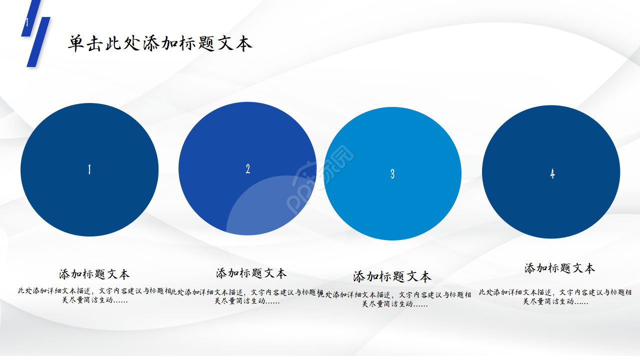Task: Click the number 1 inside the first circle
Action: click(89, 169)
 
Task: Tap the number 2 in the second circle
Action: click(247, 169)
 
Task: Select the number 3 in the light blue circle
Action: click(392, 173)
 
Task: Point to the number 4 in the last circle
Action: click(552, 173)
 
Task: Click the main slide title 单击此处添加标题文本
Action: click(160, 43)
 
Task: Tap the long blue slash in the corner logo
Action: click(38, 42)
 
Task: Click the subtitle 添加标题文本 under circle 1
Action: click(94, 274)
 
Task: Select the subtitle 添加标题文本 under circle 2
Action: click(251, 273)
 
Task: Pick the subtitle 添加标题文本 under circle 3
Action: click(392, 276)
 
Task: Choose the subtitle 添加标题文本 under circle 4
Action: click(559, 268)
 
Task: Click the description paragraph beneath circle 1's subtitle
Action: click(94, 295)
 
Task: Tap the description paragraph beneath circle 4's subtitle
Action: click(555, 296)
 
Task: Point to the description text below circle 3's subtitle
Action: click(395, 299)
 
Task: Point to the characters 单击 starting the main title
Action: click(86, 43)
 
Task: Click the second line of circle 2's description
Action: click(247, 301)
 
